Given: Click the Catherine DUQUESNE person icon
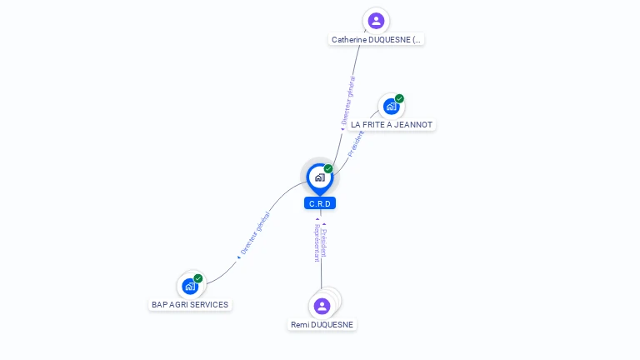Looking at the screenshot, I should tap(376, 21).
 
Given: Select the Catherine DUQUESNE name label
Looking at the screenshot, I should tap(377, 39).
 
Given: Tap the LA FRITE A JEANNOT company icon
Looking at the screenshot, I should tap(390, 107).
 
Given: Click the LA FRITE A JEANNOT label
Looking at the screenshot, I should tap(392, 124).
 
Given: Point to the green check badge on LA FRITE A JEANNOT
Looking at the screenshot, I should tap(399, 98).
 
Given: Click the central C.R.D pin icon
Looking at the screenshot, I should tap(319, 177).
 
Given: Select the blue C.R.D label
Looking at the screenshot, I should tap(320, 203).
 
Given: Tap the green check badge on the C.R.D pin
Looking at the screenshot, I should tap(328, 169).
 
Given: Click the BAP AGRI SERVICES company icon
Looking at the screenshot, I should tap(190, 287).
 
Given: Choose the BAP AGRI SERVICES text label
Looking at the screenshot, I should tap(190, 305).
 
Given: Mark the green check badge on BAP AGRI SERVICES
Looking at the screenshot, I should tap(198, 278).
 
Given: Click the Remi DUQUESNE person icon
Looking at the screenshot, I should tap(322, 306).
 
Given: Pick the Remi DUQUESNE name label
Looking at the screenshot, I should tap(322, 324).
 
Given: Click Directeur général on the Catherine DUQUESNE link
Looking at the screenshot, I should tap(349, 100).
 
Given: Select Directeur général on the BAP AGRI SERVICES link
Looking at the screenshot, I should tap(255, 233).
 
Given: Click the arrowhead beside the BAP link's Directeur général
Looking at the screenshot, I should tap(239, 257).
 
